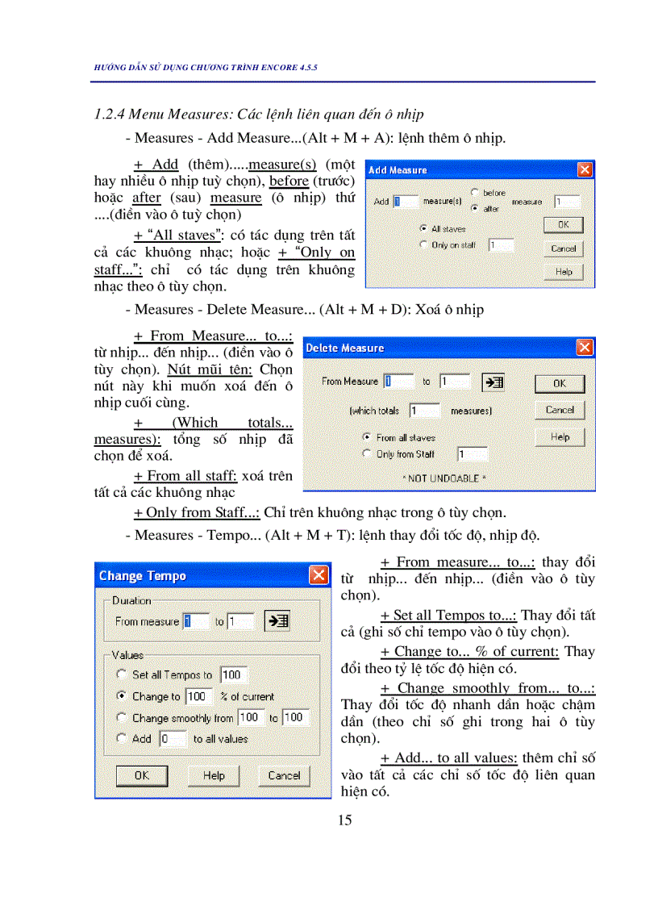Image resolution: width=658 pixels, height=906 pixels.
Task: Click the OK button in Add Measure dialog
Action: (563, 225)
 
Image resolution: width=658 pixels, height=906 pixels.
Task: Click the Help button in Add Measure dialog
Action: (563, 272)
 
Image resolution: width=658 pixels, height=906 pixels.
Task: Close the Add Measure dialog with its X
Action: (585, 170)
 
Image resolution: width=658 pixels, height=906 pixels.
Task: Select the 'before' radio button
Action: (474, 193)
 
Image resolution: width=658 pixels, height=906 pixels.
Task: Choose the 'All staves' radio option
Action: (423, 229)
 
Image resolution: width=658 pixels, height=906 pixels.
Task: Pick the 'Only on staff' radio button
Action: (423, 244)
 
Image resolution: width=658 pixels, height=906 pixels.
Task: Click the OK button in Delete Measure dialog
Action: (560, 383)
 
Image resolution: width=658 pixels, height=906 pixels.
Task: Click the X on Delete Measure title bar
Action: (585, 348)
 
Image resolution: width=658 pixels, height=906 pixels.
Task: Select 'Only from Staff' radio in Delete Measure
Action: (369, 454)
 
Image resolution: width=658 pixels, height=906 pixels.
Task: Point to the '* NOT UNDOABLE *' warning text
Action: (444, 478)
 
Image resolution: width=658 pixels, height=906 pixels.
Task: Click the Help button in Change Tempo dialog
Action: (214, 775)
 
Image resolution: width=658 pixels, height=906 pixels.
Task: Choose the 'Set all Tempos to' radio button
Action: (122, 674)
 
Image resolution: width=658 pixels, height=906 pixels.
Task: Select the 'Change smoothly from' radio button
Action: (122, 717)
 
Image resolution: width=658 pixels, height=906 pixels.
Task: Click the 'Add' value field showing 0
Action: (172, 738)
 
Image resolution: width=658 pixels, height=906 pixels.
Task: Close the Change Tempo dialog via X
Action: (319, 575)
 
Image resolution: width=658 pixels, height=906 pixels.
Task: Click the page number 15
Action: (345, 820)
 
